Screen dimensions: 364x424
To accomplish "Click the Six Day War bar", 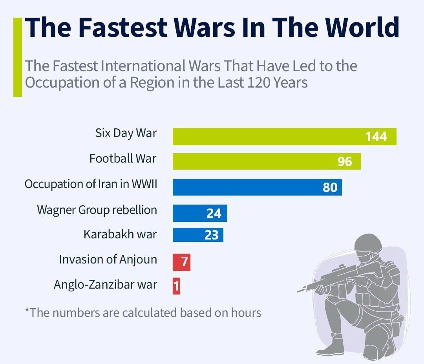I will coord(284,136).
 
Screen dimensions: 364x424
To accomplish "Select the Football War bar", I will coord(267,161).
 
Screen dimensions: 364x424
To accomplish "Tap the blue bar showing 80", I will coord(257,187).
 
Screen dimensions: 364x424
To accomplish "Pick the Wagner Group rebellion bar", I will coord(199,213).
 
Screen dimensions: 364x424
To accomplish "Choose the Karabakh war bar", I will coord(198,234).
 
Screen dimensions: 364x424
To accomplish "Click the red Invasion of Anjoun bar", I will coord(181,262).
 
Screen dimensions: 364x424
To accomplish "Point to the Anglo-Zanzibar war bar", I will coord(176,286).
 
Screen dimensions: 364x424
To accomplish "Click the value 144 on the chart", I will coord(376,137).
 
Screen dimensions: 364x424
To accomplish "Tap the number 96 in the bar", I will coord(345,161).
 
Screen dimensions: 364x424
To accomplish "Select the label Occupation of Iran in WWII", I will coord(91,184).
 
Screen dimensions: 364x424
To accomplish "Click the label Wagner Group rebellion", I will coord(97,210).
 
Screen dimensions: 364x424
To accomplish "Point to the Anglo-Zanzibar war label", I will coord(105,284).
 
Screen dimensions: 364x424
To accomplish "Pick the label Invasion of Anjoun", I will coord(108,260).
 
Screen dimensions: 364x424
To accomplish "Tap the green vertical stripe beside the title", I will coord(17,57).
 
